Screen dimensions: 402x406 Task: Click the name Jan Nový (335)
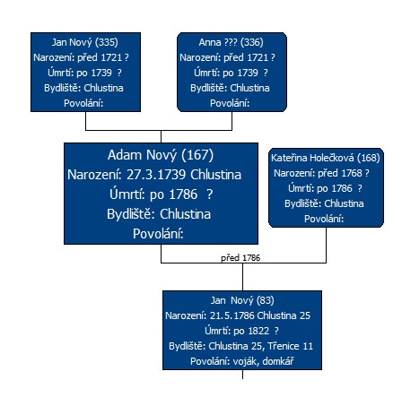click(85, 42)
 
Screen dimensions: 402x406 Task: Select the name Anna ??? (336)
click(231, 42)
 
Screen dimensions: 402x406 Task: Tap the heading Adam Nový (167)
click(161, 155)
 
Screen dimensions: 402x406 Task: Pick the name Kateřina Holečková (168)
click(326, 158)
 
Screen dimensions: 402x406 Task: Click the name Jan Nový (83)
click(242, 300)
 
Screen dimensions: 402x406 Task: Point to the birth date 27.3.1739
click(156, 175)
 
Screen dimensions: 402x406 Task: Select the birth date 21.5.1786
click(232, 315)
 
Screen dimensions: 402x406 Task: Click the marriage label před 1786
click(240, 258)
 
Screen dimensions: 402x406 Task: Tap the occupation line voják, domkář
click(263, 361)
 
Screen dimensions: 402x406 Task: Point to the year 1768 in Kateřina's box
click(352, 173)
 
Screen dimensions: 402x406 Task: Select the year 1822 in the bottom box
click(258, 331)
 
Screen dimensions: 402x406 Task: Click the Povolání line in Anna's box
click(230, 103)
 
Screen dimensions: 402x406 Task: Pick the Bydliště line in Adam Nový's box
click(159, 214)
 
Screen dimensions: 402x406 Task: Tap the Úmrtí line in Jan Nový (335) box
click(84, 73)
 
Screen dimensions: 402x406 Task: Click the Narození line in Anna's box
click(227, 57)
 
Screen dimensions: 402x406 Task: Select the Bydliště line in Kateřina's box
click(324, 203)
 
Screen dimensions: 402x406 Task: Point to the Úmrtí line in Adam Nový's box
click(162, 194)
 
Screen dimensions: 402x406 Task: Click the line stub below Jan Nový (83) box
click(242, 375)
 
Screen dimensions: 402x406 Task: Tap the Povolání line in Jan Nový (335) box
click(83, 103)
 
